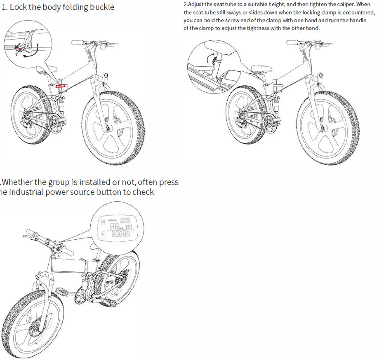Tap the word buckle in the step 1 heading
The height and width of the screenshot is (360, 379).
pyautogui.click(x=101, y=7)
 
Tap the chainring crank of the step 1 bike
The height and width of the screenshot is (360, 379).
pyautogui.click(x=55, y=122)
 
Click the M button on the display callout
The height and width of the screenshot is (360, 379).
pyautogui.click(x=103, y=234)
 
